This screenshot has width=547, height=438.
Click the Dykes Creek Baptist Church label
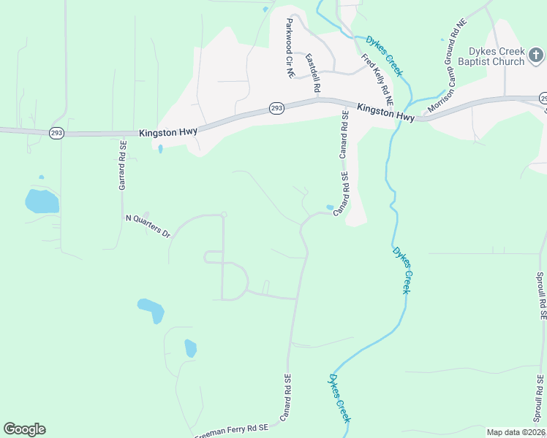[498, 56]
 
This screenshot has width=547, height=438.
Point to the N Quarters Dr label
[148, 226]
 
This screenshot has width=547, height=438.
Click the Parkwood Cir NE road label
[289, 49]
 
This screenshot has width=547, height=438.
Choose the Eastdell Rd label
[313, 72]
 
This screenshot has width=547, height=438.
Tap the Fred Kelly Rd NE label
[377, 79]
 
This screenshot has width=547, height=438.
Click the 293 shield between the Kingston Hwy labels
[276, 108]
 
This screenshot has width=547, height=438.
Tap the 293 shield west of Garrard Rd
[57, 132]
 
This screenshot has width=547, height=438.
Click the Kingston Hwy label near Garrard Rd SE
[167, 131]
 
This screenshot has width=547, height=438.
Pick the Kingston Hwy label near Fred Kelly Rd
[385, 112]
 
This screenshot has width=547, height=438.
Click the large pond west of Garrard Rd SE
[42, 201]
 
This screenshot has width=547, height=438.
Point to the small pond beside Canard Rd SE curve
[330, 207]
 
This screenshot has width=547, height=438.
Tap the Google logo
[24, 429]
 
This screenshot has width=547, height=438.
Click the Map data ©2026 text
[515, 432]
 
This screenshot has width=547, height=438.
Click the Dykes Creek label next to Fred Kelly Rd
[384, 55]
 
